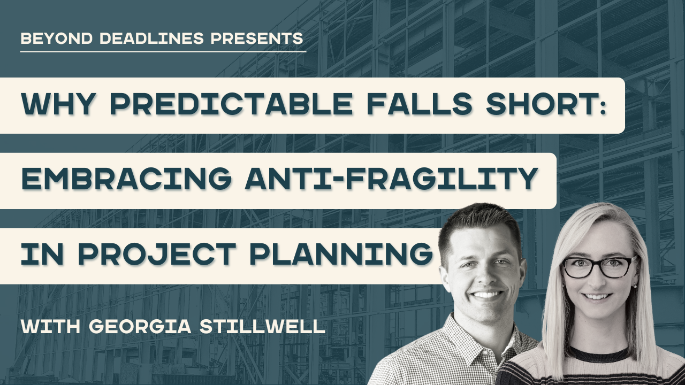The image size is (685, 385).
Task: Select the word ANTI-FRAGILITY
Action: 391,181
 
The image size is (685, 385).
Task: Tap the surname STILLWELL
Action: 262,326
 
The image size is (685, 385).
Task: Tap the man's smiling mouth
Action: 488,294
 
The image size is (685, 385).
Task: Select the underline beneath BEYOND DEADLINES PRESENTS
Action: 163,52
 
